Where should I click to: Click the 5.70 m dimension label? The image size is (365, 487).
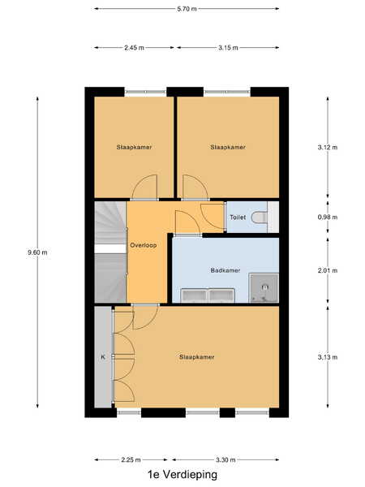[187, 9]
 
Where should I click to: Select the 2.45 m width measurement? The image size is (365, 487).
[134, 48]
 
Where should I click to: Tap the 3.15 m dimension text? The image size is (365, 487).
[228, 48]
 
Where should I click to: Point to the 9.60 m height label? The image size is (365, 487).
[37, 252]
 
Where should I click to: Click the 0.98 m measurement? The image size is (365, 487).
[328, 217]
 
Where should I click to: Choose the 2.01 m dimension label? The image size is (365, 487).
[328, 270]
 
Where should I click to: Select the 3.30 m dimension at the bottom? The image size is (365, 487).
[225, 459]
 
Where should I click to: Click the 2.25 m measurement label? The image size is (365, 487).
[131, 459]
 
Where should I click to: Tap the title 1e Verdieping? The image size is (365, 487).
[182, 475]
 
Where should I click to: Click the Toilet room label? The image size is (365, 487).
[238, 217]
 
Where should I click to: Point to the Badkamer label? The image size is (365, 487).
[225, 270]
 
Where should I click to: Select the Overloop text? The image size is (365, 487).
[143, 245]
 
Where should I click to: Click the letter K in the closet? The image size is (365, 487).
[103, 357]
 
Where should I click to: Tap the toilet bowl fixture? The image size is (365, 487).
[260, 217]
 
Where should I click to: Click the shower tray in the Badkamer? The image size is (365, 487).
[264, 288]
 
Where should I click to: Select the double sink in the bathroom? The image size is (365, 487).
[208, 295]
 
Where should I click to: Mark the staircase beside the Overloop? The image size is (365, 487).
[110, 252]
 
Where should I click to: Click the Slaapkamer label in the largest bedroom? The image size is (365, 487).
[197, 357]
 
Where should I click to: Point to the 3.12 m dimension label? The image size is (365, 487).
[328, 147]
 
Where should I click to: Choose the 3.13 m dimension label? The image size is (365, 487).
[328, 357]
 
